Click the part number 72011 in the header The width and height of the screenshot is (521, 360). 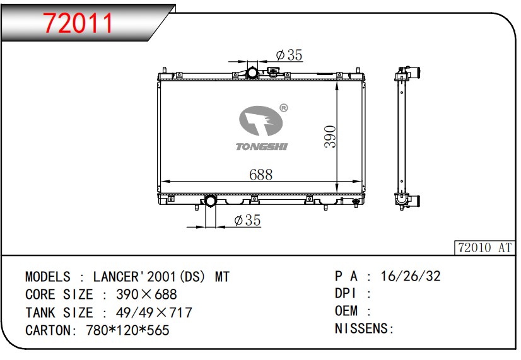78,23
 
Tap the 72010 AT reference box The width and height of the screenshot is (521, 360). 484,248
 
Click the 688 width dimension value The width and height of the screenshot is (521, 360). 260,175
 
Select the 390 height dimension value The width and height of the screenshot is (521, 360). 331,136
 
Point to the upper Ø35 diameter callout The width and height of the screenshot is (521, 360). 290,55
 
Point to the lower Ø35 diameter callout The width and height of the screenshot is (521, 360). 247,221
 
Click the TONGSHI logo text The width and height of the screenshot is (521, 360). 262,146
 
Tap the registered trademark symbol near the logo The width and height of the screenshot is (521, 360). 283,108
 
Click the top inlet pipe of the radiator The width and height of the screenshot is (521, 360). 252,73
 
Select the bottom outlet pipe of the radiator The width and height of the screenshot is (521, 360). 209,202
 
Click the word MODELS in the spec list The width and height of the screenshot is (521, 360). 48,277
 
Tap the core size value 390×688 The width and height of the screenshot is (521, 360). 147,294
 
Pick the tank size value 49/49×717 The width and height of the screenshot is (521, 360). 155,312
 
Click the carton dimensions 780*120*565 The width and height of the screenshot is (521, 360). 127,330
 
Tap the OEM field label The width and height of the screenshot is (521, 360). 346,311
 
